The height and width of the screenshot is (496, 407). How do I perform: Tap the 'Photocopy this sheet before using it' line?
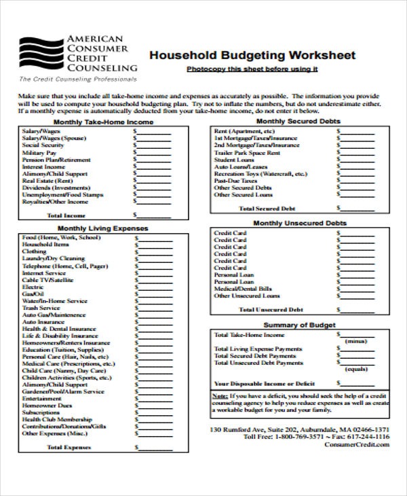[x=252, y=70]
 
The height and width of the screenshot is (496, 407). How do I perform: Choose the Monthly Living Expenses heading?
[x=102, y=229]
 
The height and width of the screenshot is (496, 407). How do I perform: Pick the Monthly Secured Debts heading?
[x=298, y=121]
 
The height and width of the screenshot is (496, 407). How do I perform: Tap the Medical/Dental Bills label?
[x=242, y=289]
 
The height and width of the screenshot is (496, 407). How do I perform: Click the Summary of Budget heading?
[x=299, y=325]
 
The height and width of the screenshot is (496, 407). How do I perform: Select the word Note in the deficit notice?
[x=220, y=395]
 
